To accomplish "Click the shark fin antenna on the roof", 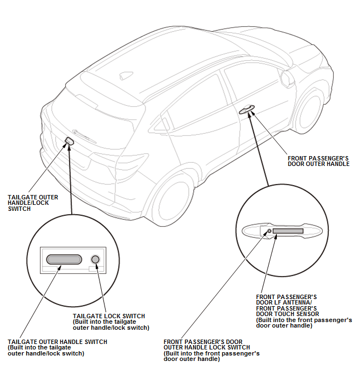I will (x=127, y=76).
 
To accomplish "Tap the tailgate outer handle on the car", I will (x=69, y=141).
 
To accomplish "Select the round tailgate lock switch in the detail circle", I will (x=95, y=259).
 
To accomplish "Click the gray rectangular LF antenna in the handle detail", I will (x=288, y=231).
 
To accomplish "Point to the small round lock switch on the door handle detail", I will (x=269, y=231).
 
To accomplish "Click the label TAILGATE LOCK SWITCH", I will (x=109, y=316).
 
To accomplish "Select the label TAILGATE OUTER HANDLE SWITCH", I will (x=57, y=342).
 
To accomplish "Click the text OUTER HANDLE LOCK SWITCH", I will (x=207, y=347).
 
